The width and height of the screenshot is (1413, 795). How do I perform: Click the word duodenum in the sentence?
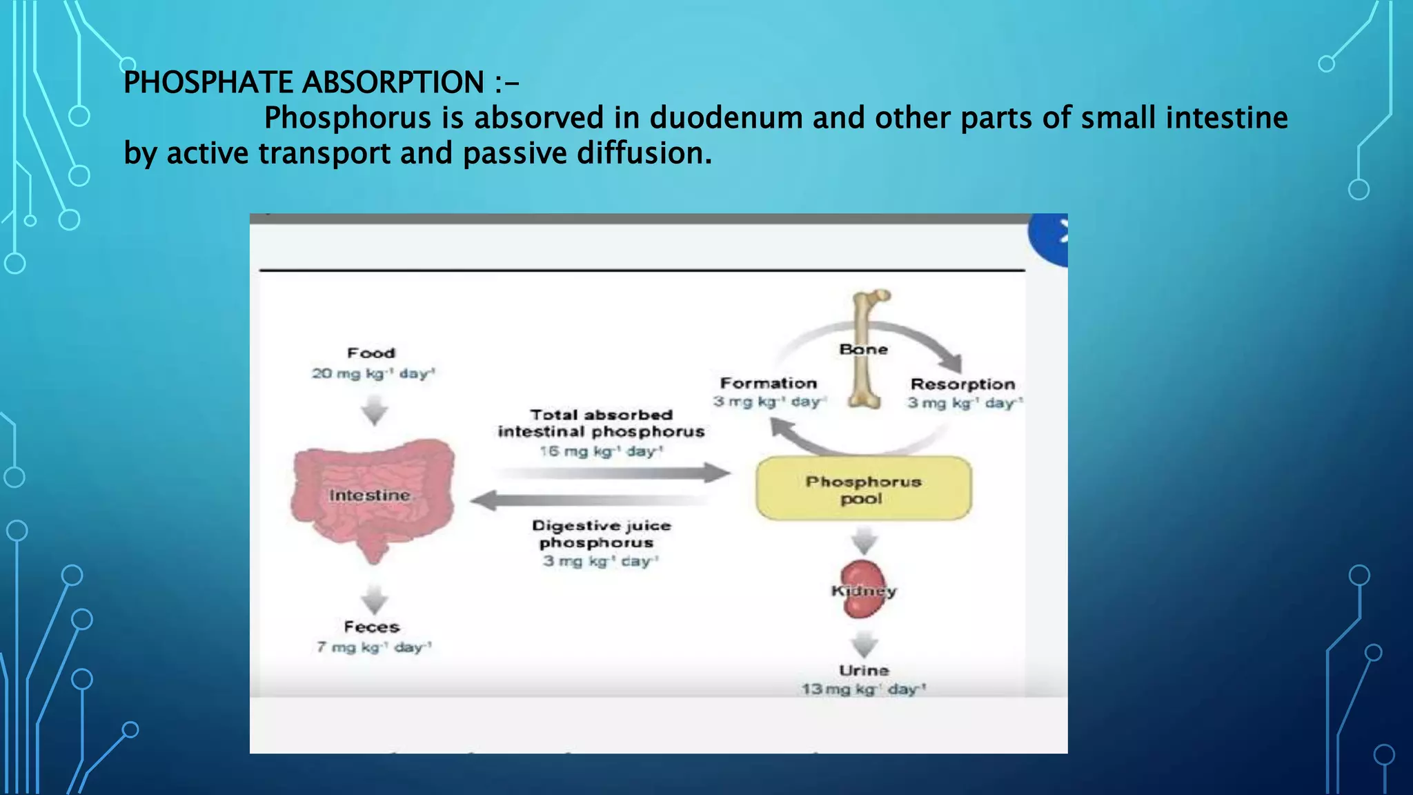pyautogui.click(x=726, y=118)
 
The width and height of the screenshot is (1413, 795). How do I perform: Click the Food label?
pyautogui.click(x=371, y=353)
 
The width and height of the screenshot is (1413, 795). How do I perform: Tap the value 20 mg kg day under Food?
pyautogui.click(x=373, y=373)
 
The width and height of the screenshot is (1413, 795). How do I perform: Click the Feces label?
pyautogui.click(x=372, y=627)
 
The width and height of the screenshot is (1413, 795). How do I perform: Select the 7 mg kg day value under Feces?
pyautogui.click(x=373, y=647)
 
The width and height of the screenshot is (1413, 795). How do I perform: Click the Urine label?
pyautogui.click(x=864, y=670)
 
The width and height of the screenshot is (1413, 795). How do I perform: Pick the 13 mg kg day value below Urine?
pyautogui.click(x=863, y=689)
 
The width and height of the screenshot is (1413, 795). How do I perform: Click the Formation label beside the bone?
pyautogui.click(x=768, y=383)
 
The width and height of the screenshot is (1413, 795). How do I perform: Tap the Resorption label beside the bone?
pyautogui.click(x=962, y=384)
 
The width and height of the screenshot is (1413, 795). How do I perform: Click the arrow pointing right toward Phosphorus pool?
pyautogui.click(x=614, y=473)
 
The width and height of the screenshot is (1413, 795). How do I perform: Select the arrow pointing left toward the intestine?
pyautogui.click(x=586, y=500)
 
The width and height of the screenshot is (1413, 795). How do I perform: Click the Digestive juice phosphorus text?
pyautogui.click(x=601, y=534)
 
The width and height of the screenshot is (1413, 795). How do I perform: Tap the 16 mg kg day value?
pyautogui.click(x=600, y=451)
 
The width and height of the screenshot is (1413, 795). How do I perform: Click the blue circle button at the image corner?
pyautogui.click(x=1051, y=238)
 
